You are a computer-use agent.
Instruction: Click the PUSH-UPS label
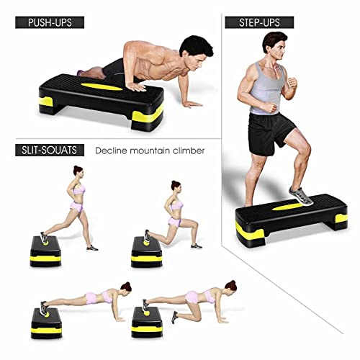[50, 22]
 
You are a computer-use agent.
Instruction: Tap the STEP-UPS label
[259, 22]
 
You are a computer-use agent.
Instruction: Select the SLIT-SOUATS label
[50, 150]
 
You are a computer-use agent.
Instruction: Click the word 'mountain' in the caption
[150, 150]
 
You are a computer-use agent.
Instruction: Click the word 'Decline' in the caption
[111, 150]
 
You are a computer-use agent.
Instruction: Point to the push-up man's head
[196, 53]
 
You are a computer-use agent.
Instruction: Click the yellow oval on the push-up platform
[102, 86]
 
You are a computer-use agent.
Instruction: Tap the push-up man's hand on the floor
[192, 104]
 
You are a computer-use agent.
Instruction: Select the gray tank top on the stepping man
[267, 89]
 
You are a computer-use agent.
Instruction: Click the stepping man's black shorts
[270, 132]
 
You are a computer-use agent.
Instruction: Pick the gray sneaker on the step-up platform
[300, 196]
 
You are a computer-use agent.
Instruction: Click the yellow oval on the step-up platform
[287, 207]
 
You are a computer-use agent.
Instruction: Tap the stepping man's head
[274, 45]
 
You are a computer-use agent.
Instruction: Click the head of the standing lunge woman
[78, 171]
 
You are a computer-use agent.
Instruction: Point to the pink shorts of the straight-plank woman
[91, 298]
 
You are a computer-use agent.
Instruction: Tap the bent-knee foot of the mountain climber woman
[175, 317]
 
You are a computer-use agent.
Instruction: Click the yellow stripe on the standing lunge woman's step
[45, 258]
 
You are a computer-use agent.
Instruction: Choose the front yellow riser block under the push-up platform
[147, 116]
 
